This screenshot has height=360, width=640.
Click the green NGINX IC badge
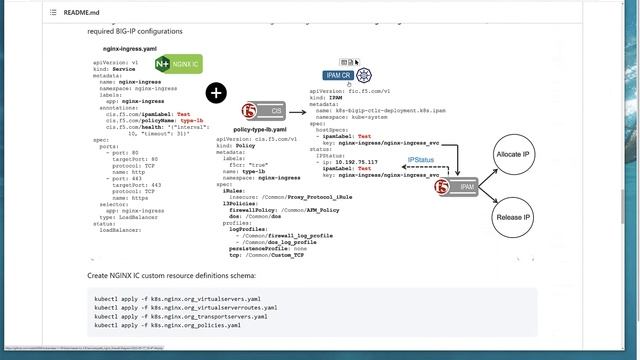click(x=178, y=65)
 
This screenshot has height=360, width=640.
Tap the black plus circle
click(x=216, y=93)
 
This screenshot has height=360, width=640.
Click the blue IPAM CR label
click(x=337, y=75)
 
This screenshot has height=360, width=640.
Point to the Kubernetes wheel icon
click(x=364, y=76)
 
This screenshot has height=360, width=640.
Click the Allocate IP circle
click(x=512, y=158)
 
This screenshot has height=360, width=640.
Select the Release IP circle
click(x=512, y=215)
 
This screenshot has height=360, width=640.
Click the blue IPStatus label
click(x=421, y=160)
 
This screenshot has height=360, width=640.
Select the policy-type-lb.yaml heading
click(x=259, y=130)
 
